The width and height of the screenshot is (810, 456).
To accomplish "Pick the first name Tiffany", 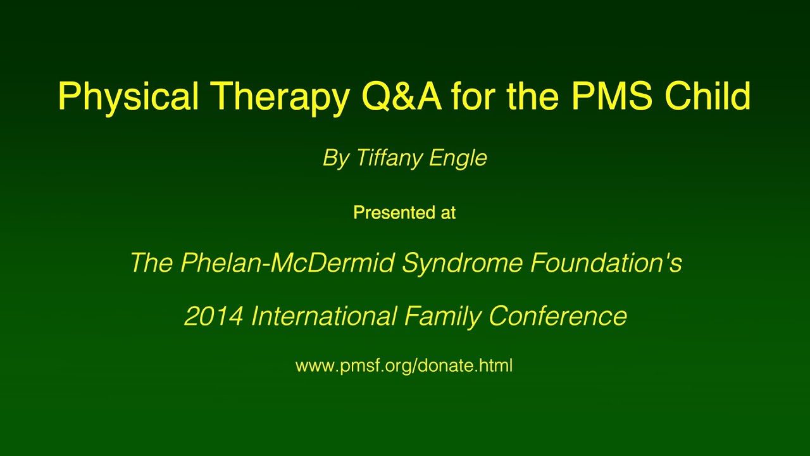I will (x=389, y=158).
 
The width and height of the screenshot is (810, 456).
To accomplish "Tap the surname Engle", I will (x=458, y=158).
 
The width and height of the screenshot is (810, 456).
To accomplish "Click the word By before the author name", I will (x=336, y=158).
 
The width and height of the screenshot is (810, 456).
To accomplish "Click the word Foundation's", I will (x=606, y=262).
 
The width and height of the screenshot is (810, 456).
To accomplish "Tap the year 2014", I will (x=213, y=315).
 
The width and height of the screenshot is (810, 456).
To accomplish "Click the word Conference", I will (x=558, y=315).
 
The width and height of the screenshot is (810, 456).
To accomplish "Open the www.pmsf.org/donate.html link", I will (x=404, y=365).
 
